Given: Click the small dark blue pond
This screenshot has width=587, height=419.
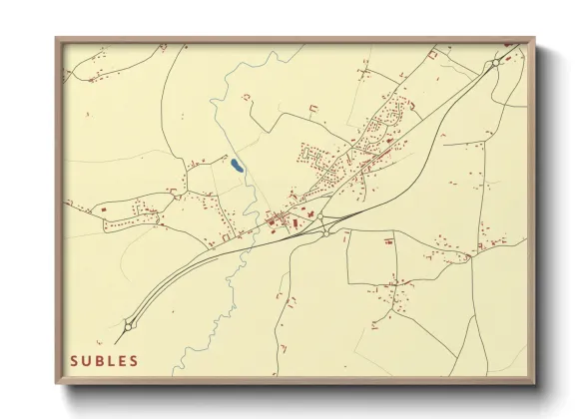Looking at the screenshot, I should pyautogui.click(x=235, y=166).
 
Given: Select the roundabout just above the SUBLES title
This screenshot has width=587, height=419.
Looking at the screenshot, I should pyautogui.click(x=129, y=324).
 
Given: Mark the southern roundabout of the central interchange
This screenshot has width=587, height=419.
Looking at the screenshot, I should pyautogui.click(x=326, y=233).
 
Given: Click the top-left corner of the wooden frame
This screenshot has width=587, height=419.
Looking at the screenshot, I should pyautogui.click(x=57, y=39).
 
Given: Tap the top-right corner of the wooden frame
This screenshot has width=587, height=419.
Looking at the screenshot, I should pyautogui.click(x=534, y=39).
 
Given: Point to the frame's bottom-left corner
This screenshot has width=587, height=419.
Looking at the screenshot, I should pyautogui.click(x=57, y=383).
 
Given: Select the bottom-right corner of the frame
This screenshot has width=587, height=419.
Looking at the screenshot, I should pyautogui.click(x=534, y=383).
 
